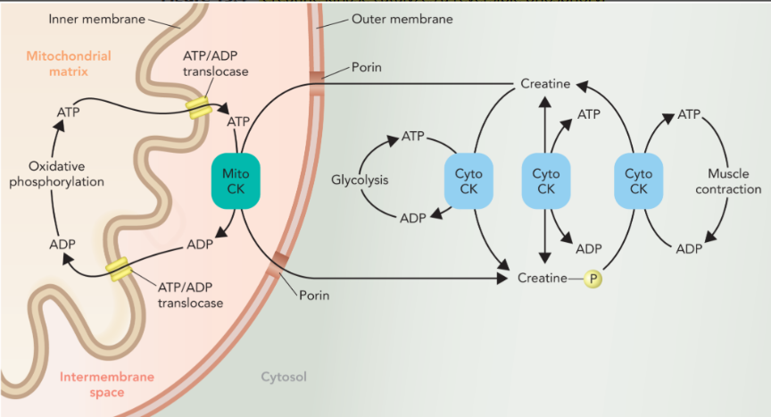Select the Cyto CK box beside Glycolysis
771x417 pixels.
point(468,180)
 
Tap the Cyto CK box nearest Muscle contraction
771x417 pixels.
point(638,180)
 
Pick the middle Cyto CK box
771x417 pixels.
point(544,180)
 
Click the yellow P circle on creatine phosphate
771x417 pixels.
point(593,279)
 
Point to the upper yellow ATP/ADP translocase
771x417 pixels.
point(198,107)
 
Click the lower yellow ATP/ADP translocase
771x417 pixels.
point(119,267)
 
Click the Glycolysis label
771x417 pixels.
point(360,179)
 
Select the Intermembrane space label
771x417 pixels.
point(106,384)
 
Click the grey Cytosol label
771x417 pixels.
point(284,377)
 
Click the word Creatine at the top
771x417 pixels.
point(544,84)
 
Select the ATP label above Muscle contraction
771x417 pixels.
point(689,114)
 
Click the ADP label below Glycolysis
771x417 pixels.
point(411,218)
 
